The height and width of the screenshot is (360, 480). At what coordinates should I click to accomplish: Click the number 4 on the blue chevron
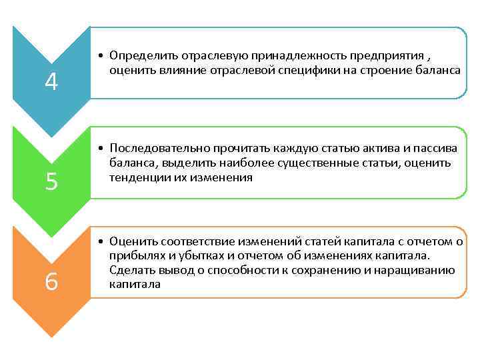pyautogui.click(x=52, y=82)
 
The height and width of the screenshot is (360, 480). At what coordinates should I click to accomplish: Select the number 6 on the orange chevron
pyautogui.click(x=51, y=283)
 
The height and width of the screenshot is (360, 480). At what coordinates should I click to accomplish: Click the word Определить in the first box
pyautogui.click(x=141, y=55)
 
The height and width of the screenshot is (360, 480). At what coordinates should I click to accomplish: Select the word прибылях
pyautogui.click(x=134, y=255)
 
